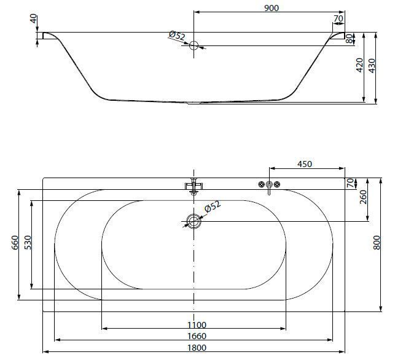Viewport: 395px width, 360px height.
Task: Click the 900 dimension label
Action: click(272, 8)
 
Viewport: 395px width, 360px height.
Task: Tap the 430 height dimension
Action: click(372, 66)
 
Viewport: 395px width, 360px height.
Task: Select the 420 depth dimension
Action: click(359, 65)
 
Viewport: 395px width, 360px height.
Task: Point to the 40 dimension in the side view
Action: click(33, 18)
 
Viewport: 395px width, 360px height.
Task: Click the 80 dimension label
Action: click(349, 39)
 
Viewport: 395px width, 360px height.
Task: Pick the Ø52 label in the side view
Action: click(177, 35)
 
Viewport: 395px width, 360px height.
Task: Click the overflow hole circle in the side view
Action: click(194, 45)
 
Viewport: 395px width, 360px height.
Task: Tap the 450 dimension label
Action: click(305, 164)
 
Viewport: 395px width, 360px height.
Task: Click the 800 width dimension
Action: click(377, 243)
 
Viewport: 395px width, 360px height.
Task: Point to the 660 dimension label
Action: click(15, 243)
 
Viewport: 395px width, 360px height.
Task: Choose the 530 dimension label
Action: click(28, 243)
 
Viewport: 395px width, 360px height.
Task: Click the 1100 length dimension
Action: click(197, 325)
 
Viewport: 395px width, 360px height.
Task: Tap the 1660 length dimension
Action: click(197, 336)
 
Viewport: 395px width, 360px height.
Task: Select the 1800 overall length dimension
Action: click(197, 348)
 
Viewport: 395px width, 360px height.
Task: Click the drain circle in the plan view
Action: click(194, 221)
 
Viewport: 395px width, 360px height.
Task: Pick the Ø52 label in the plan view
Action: click(213, 206)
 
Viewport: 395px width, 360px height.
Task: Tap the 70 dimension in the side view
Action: click(338, 18)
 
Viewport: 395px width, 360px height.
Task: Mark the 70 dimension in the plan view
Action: click(350, 183)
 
